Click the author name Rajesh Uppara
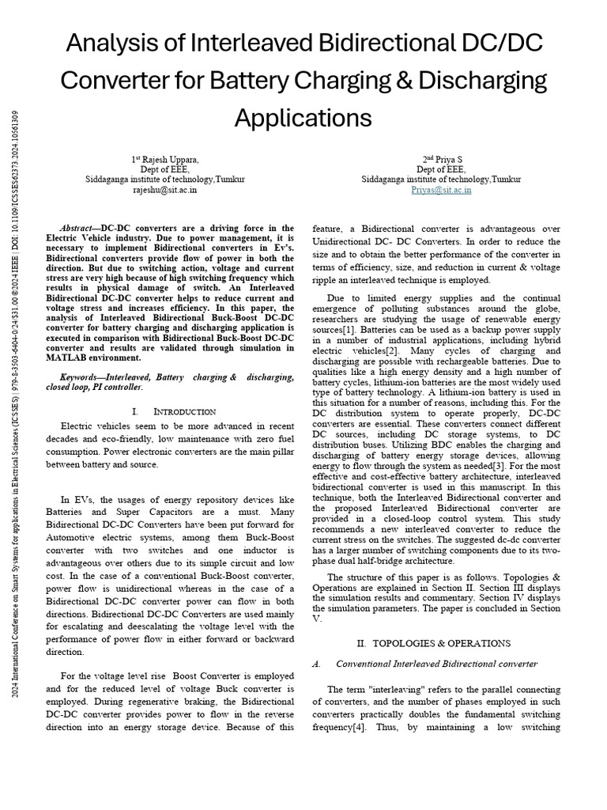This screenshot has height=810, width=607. (x=170, y=159)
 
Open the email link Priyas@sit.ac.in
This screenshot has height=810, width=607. (x=442, y=190)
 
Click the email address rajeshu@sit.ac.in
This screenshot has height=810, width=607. (x=165, y=190)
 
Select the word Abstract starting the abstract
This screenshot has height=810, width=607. (x=81, y=228)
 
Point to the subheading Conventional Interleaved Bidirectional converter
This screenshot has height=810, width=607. (x=436, y=664)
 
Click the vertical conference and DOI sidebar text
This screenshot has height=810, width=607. (x=17, y=403)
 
